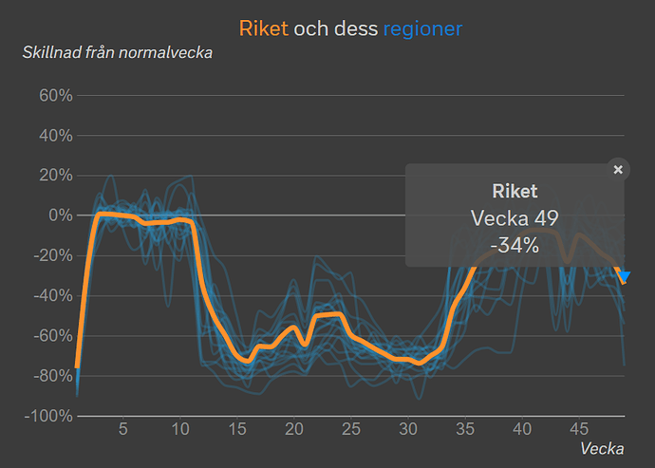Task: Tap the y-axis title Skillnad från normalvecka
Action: coord(118,51)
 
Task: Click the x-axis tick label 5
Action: coord(122,429)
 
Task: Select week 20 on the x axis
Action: coord(294,429)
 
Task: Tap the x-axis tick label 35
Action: coord(465,429)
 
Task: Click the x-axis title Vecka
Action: coord(602,447)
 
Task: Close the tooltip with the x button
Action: coord(618,170)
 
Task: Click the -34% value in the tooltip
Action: coord(515,246)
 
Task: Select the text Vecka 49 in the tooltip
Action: coord(515,218)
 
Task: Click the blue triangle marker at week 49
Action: coord(624,275)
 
